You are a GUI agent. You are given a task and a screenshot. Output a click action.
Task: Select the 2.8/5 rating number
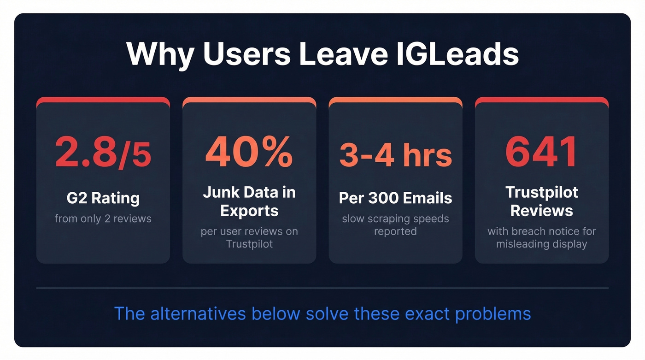[x=103, y=152]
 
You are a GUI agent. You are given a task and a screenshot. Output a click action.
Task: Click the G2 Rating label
[x=103, y=198]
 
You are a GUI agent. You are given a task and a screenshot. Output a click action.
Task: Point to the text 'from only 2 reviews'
[x=103, y=218]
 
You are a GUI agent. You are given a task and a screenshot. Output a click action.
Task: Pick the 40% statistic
[x=249, y=152]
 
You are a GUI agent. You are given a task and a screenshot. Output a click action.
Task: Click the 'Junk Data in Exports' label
[x=249, y=201]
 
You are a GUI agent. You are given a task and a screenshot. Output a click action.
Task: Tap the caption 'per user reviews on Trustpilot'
[x=249, y=237]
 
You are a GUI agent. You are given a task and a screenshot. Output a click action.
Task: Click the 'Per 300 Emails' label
[x=395, y=198]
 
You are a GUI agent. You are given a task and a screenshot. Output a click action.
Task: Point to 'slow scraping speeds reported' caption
[x=395, y=224]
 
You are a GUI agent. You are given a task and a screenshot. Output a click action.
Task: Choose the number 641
[x=541, y=152]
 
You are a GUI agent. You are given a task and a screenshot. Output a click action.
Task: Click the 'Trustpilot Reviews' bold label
[x=541, y=201]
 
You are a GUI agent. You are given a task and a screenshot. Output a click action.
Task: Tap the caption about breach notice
[x=541, y=237]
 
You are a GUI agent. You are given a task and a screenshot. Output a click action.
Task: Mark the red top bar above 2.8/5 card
[x=103, y=100]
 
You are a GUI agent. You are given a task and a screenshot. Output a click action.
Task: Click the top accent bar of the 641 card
[x=541, y=100]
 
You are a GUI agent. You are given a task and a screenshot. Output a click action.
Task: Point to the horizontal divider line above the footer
[x=322, y=288]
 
